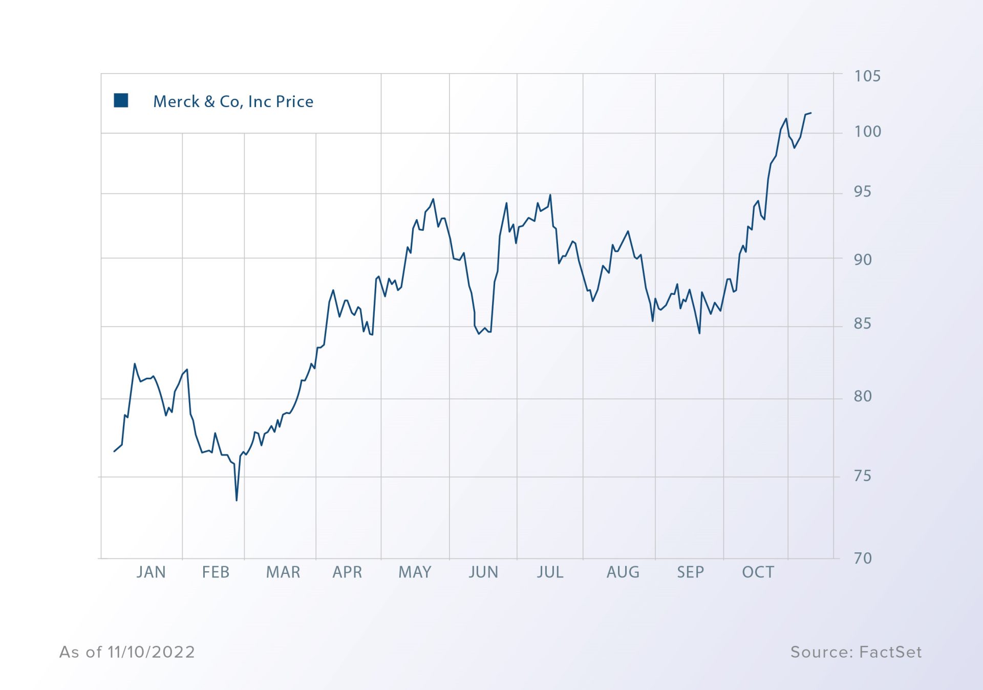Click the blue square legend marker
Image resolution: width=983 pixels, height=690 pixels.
coord(121,100)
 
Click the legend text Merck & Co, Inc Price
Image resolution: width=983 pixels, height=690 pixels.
coord(233,101)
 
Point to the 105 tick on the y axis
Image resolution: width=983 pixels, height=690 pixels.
coord(867,76)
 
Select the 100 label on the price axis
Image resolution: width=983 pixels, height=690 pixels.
coord(867,132)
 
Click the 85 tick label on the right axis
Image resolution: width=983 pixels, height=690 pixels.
coord(862,324)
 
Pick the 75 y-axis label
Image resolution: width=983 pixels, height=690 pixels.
coord(862,476)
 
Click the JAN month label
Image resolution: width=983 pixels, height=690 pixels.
coord(151,572)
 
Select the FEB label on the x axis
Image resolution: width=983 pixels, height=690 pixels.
coord(216,572)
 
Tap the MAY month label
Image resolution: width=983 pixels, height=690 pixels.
coord(415,572)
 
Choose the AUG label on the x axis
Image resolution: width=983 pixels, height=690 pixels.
coord(623,572)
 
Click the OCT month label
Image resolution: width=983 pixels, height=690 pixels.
coord(758,572)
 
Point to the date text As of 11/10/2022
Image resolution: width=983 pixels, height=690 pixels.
coord(127,652)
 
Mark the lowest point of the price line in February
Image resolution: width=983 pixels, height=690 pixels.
coord(237,500)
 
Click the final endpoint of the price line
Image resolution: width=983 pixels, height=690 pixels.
coord(811,113)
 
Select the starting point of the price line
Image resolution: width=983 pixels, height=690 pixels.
coord(114,451)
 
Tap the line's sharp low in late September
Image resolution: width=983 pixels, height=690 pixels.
coord(699,333)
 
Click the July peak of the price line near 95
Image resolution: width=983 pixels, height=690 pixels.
coord(550,195)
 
